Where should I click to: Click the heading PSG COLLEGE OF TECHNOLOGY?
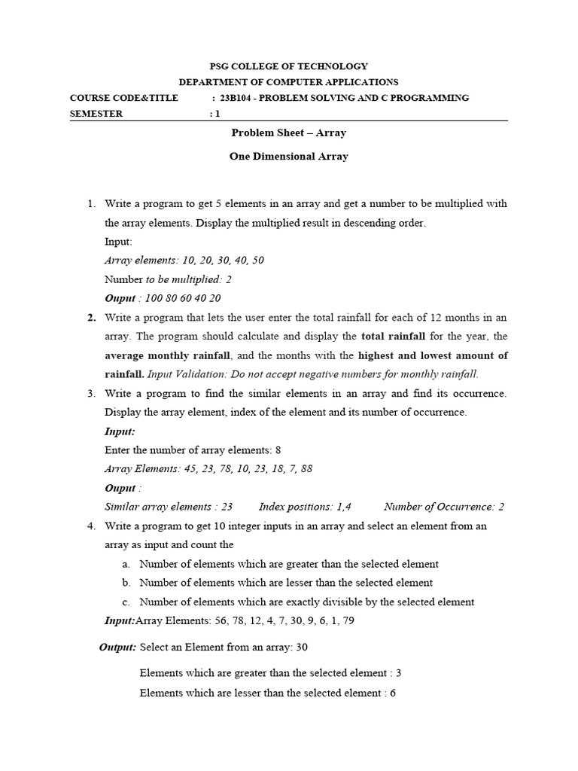click(x=288, y=66)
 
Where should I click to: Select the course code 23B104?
click(x=239, y=98)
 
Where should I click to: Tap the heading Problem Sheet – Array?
click(x=288, y=133)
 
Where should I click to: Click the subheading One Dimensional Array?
click(x=288, y=157)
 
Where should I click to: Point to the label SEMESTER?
click(x=96, y=114)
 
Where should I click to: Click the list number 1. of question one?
click(x=92, y=203)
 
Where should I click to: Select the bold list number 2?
click(x=92, y=317)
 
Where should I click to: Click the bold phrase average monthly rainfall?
click(x=168, y=355)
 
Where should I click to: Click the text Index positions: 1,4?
click(x=305, y=507)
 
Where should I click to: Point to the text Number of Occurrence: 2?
click(x=444, y=507)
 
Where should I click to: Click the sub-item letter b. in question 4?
click(x=126, y=583)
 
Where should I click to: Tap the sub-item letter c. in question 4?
click(x=126, y=602)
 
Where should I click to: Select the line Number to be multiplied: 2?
click(x=157, y=279)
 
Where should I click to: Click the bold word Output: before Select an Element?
click(x=118, y=647)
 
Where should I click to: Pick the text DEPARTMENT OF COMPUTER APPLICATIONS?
click(x=288, y=82)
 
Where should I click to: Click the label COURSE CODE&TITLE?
click(x=124, y=98)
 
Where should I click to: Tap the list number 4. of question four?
click(x=92, y=526)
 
